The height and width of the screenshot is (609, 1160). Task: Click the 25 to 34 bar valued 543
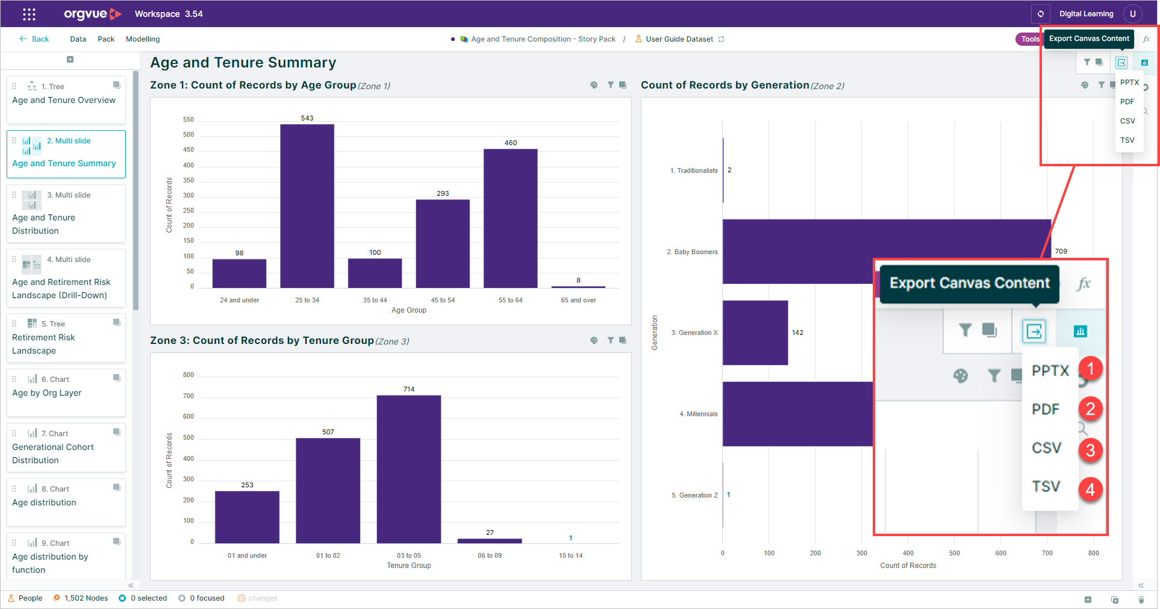pos(307,206)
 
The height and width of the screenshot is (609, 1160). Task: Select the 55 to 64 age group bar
pos(510,218)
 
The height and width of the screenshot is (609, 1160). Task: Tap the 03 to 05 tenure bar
pos(409,469)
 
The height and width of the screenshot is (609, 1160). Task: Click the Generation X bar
pos(755,333)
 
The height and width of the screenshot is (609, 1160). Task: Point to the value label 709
pos(1061,251)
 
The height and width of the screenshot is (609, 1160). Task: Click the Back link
pos(34,39)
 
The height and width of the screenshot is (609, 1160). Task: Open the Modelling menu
pos(143,39)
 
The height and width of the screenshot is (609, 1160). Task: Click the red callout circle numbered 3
pos(1090,449)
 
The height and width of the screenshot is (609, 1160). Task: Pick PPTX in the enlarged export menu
pos(1050,370)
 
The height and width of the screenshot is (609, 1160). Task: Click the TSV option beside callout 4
pos(1046,486)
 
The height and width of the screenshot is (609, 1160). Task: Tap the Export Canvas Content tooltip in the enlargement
pos(970,283)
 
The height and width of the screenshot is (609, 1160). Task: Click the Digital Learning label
pos(1087,14)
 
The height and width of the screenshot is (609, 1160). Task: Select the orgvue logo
pos(93,14)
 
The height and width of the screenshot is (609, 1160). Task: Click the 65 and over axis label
pos(578,300)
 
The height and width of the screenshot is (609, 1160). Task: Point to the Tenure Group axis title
pos(409,566)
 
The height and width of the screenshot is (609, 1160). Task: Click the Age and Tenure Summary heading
pos(243,63)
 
